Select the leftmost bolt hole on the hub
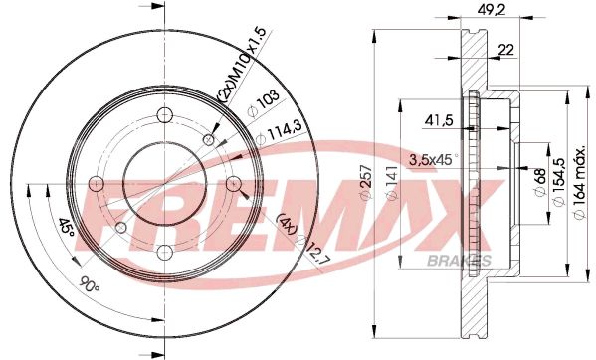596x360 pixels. click(x=97, y=182)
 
